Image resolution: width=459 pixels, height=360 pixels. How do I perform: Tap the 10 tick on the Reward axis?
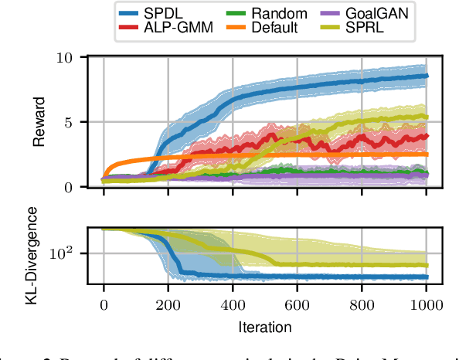pos(66,59)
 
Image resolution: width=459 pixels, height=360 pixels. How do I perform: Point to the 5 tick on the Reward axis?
pos(70,123)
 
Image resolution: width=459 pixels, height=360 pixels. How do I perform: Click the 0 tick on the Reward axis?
pos(70,187)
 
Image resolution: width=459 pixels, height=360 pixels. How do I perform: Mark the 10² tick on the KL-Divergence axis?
pos(62,253)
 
